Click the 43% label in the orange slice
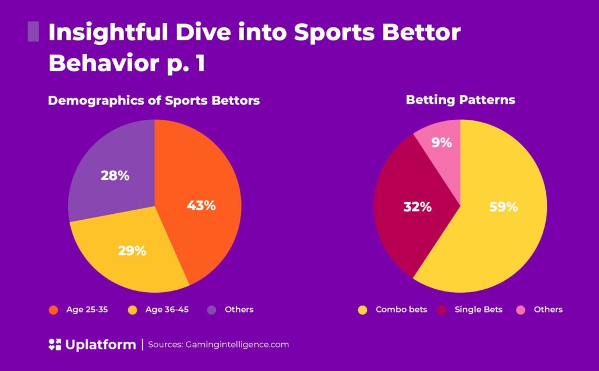[x=201, y=206]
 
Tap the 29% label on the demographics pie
[x=132, y=251]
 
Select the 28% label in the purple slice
[x=115, y=175]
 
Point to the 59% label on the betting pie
[x=504, y=207]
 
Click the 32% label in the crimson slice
[x=418, y=207]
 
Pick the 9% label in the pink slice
[x=442, y=142]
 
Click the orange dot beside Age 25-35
[x=53, y=310]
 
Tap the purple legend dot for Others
[x=212, y=310]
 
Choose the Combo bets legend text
[x=401, y=310]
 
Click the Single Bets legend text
[x=478, y=310]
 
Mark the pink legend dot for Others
[x=521, y=310]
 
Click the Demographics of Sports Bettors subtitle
[x=154, y=100]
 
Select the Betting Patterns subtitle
[x=460, y=100]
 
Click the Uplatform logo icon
[x=54, y=345]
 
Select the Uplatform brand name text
[x=100, y=345]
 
